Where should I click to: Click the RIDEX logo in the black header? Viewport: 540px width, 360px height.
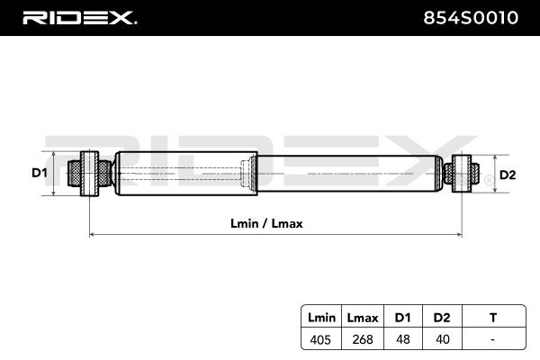pos(79,18)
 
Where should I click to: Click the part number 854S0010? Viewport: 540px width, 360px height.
pos(471,18)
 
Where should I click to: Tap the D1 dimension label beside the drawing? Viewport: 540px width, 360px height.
pos(40,173)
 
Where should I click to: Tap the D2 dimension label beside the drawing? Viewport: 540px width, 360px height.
pos(508,175)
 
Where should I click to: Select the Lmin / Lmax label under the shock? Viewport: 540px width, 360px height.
pos(266,223)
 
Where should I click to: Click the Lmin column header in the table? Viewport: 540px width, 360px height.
pos(321,318)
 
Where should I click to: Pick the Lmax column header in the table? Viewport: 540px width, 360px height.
pos(363,318)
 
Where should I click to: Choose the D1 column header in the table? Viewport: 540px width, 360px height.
pos(402,318)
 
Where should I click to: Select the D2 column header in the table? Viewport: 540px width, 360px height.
pos(442,318)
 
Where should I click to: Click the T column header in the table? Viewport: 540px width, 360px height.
pos(493,318)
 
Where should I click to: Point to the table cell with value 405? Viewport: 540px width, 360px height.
pos(320,339)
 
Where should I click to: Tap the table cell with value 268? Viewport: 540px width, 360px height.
pos(363,339)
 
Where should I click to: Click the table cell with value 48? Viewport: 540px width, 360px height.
pos(403,339)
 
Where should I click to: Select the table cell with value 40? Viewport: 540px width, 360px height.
pos(443,339)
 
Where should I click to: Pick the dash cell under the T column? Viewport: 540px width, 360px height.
pos(493,339)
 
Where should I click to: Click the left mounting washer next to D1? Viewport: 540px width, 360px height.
pos(89,174)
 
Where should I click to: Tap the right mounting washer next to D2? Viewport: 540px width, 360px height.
pos(462,174)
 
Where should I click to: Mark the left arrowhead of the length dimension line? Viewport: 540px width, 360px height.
pos(92,235)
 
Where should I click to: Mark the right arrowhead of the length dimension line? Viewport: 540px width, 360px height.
pos(459,235)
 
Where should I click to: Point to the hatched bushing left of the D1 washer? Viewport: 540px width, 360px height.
pos(75,174)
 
